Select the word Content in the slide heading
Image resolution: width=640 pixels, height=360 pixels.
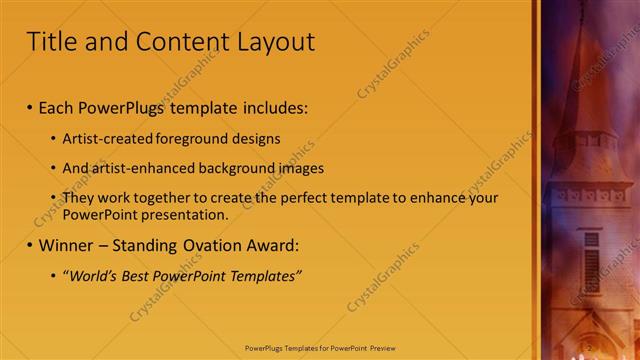(x=174, y=42)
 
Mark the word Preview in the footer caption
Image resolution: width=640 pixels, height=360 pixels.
(x=380, y=348)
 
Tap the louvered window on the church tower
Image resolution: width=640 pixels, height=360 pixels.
(x=592, y=265)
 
